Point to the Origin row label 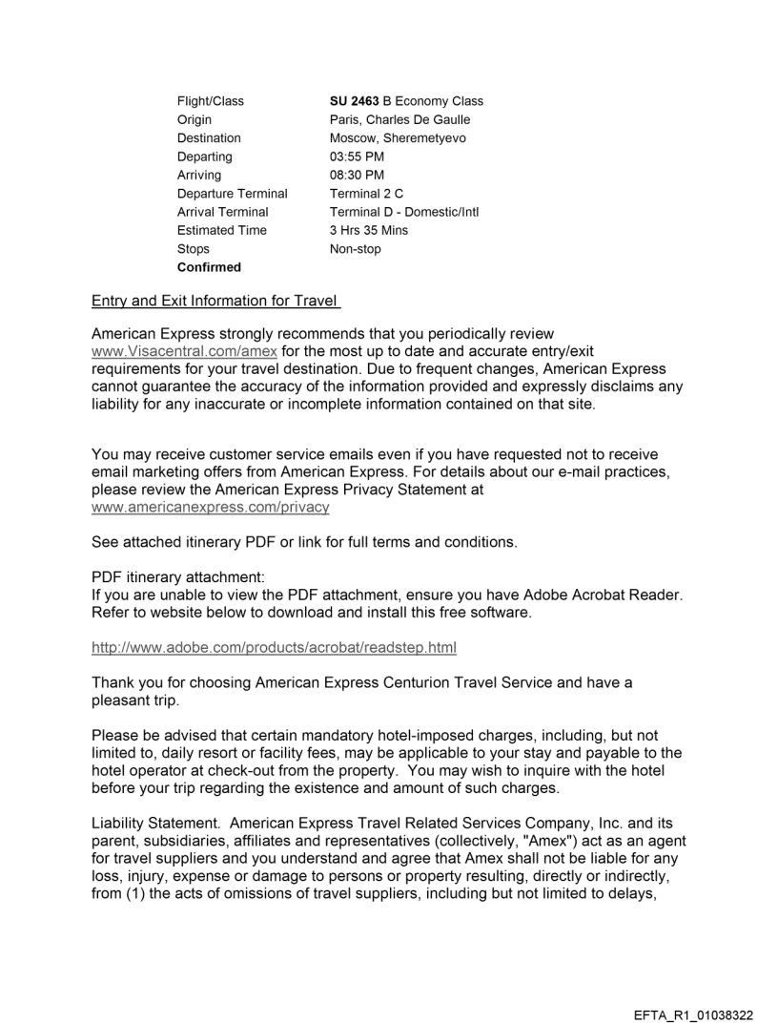(194, 119)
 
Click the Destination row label (209, 138)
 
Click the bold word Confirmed (209, 267)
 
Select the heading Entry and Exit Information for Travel (216, 303)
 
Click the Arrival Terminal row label (222, 212)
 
